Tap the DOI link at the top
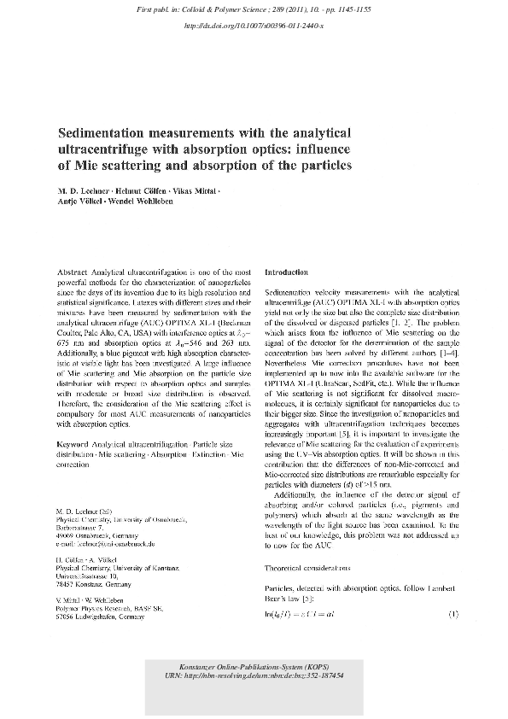pyautogui.click(x=254, y=26)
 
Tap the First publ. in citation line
pyautogui.click(x=254, y=9)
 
